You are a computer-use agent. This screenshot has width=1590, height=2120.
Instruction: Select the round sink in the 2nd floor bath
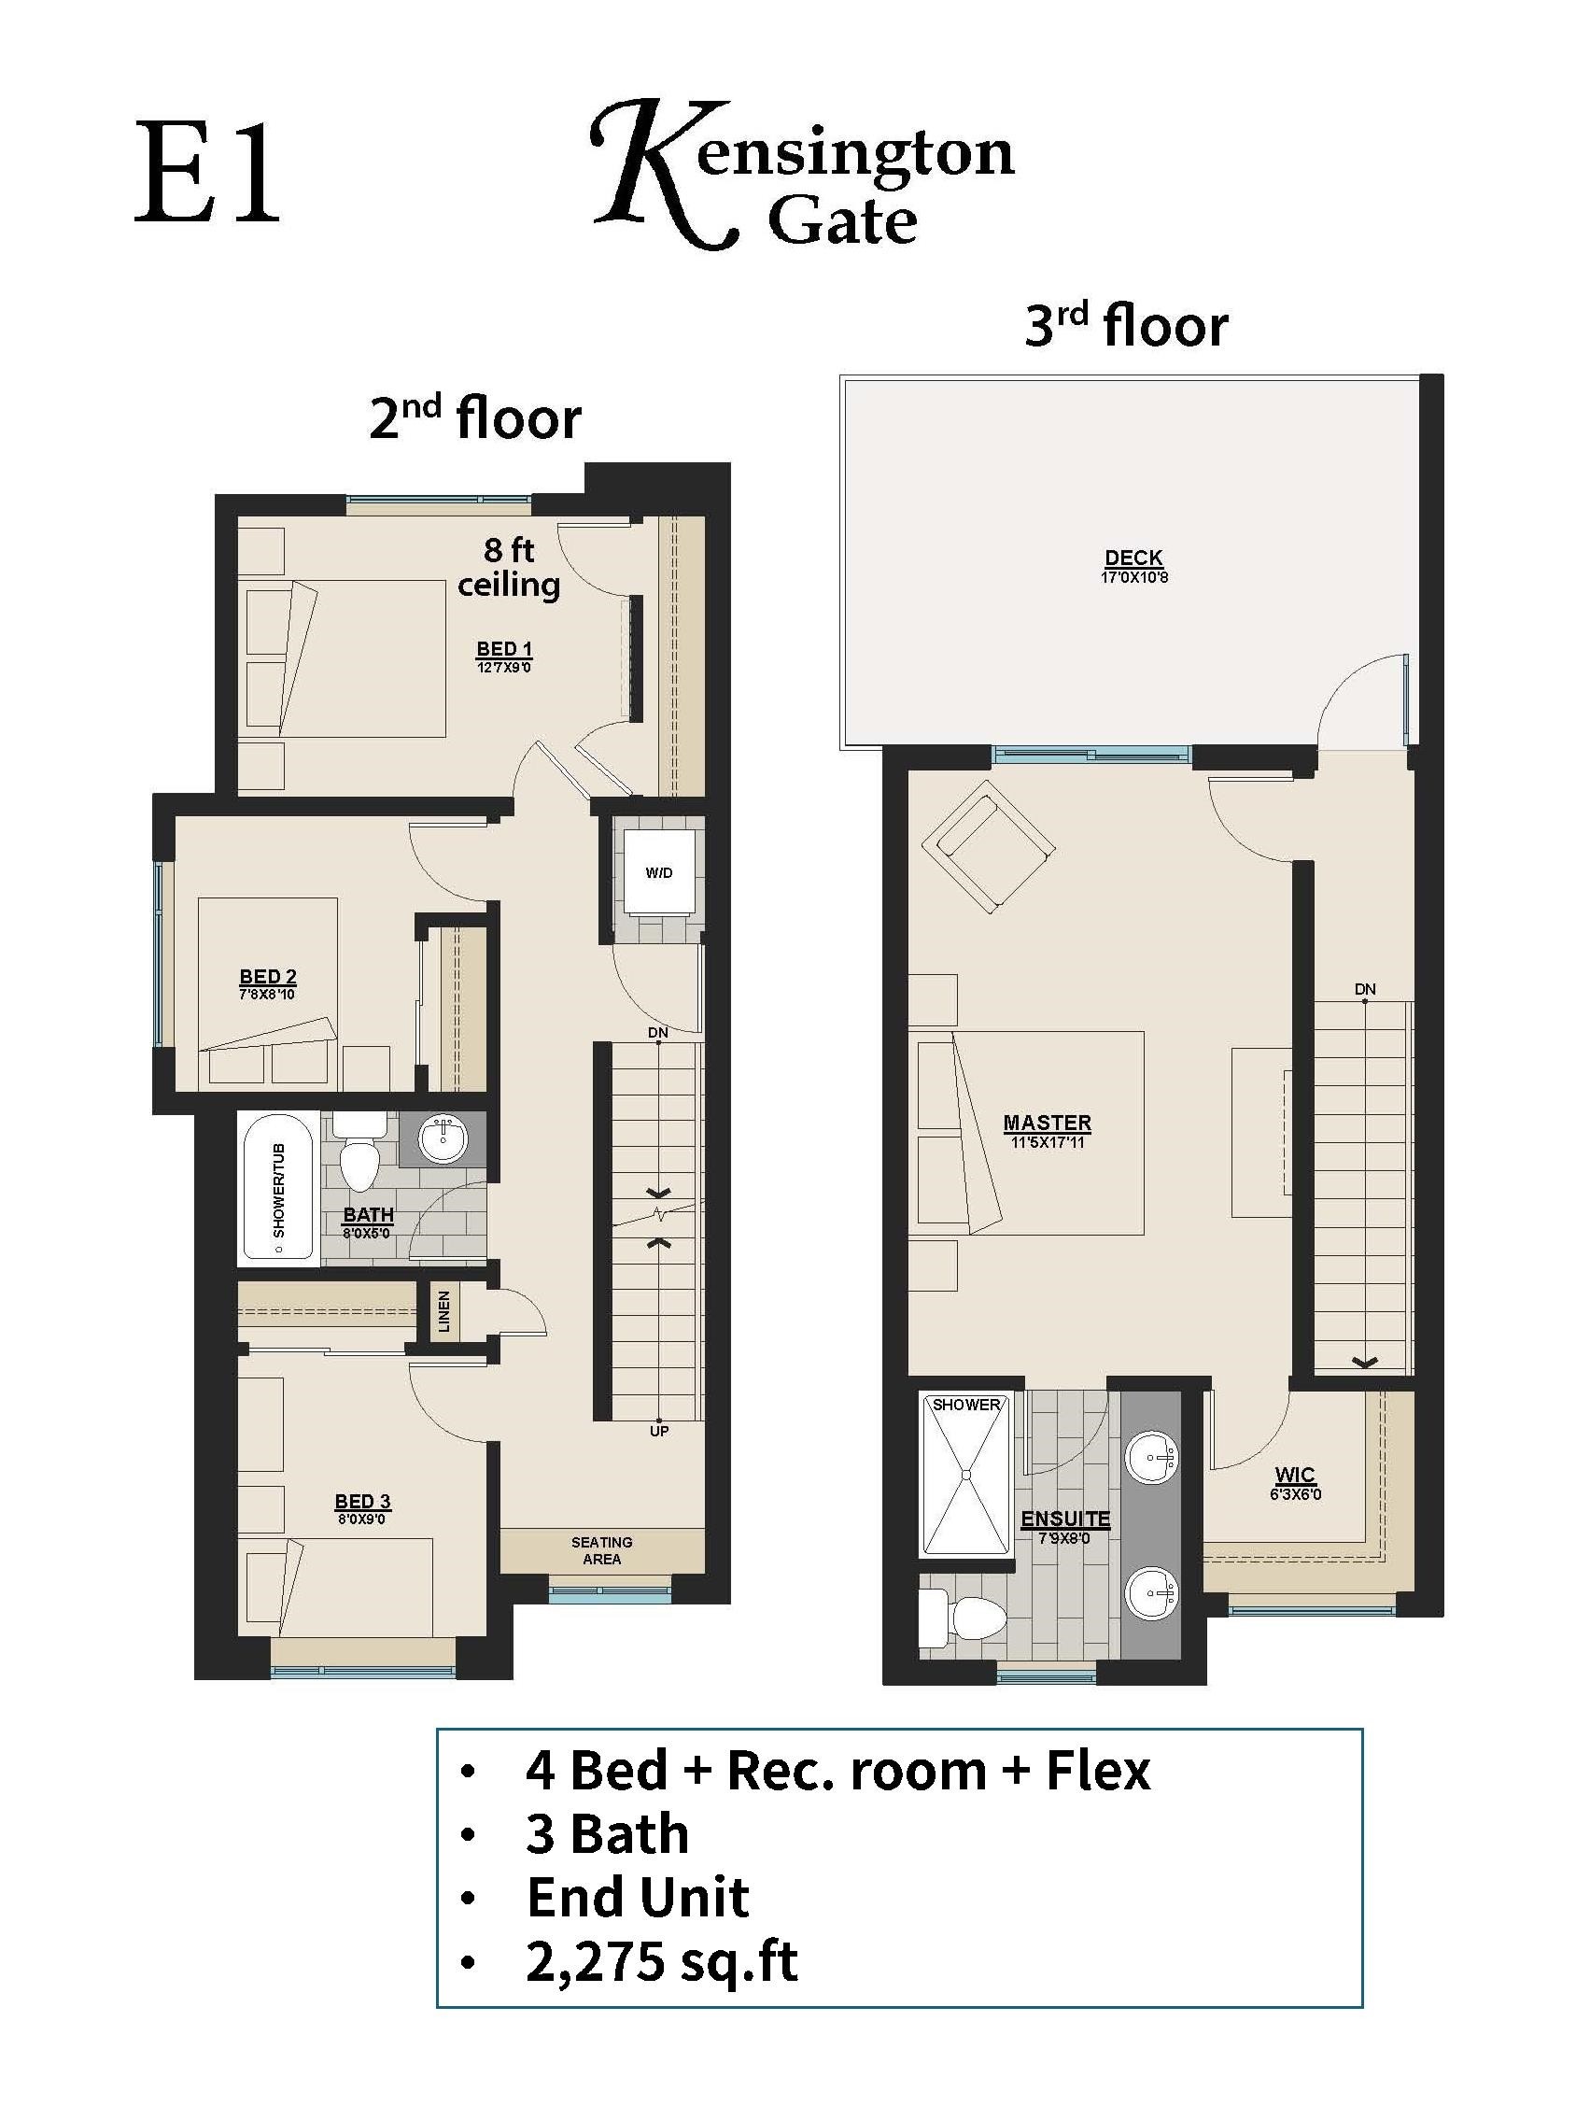(x=443, y=1138)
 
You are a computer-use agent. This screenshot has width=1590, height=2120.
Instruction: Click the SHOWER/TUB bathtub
(x=280, y=1189)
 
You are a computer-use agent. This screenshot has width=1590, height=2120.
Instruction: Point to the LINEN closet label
(x=444, y=1311)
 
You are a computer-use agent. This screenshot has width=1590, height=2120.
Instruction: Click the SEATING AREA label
(x=601, y=1549)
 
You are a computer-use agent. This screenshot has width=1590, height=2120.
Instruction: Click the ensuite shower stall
(x=965, y=1475)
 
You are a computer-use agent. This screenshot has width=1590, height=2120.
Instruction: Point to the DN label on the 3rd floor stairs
(x=1365, y=988)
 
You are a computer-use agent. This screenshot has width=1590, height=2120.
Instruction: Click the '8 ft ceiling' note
(x=508, y=568)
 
